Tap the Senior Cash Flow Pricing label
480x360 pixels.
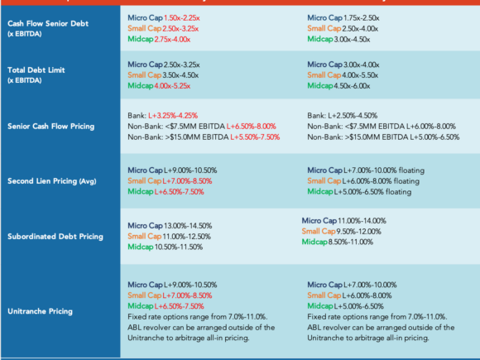coord(50,127)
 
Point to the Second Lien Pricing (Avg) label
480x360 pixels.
coord(52,181)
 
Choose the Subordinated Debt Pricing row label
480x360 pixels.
coord(55,237)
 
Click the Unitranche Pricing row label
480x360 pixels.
coord(40,311)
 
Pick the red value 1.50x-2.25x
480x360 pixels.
coord(182,18)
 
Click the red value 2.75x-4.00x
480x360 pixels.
coord(172,40)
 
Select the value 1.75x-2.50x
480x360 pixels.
coord(362,18)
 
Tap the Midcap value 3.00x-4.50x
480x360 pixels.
coord(352,40)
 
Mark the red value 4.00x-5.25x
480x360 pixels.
coord(172,86)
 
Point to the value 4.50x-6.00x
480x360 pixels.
coord(352,86)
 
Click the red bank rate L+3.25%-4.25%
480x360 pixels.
coord(173,116)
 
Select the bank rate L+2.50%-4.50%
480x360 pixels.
coord(353,116)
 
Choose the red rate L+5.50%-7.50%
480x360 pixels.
coord(255,137)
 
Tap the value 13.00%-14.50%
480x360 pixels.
coord(188,226)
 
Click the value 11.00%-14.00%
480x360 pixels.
coord(362,221)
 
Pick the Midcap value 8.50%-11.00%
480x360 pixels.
coord(351,242)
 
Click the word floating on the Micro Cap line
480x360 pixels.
coord(412,170)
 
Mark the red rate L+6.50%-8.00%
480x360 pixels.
coord(252,127)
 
